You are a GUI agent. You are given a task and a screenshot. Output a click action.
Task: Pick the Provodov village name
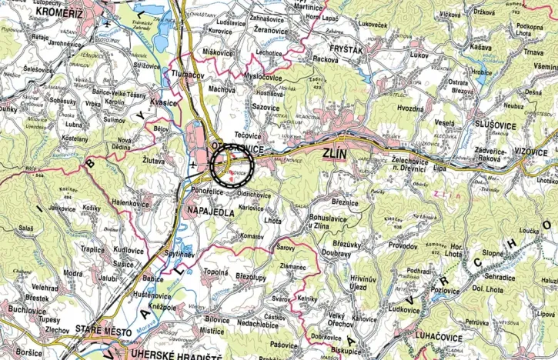click(x=402, y=246)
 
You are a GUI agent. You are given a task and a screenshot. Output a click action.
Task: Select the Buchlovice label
click(x=27, y=308)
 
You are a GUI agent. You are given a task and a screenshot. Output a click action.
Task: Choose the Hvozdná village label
click(x=410, y=109)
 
